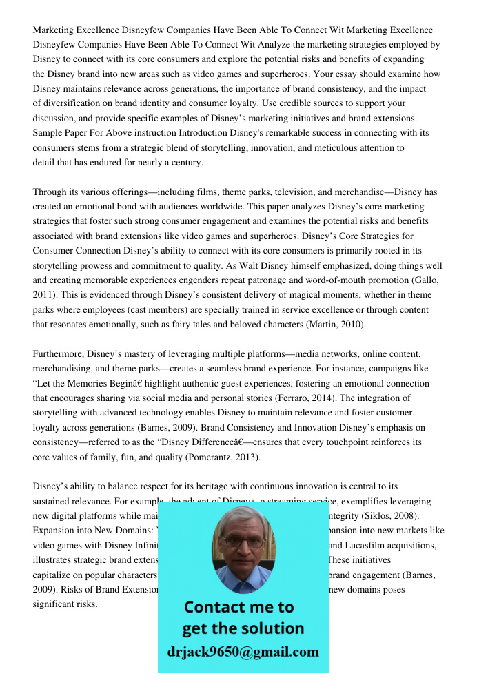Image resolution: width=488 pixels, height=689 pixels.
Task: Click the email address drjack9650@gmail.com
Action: point(243,652)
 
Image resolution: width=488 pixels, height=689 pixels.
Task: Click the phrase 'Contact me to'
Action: point(238,607)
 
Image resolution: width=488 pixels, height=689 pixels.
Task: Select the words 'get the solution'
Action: point(243,628)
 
